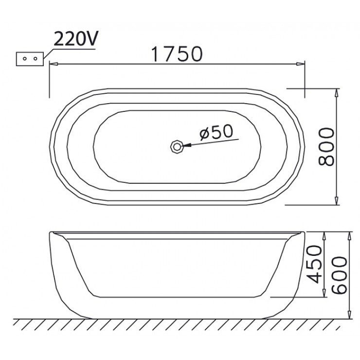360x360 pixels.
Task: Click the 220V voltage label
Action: pyautogui.click(x=76, y=38)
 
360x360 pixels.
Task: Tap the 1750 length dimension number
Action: pyautogui.click(x=177, y=54)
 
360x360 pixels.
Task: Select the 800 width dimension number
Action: pyautogui.click(x=326, y=147)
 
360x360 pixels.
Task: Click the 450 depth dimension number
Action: pyautogui.click(x=315, y=264)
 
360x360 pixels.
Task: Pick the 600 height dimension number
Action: pyautogui.click(x=340, y=275)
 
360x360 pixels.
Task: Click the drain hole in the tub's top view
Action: pyautogui.click(x=176, y=146)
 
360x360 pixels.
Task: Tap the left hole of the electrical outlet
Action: pyautogui.click(x=25, y=59)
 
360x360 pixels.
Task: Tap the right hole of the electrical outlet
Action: pyautogui.click(x=35, y=59)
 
